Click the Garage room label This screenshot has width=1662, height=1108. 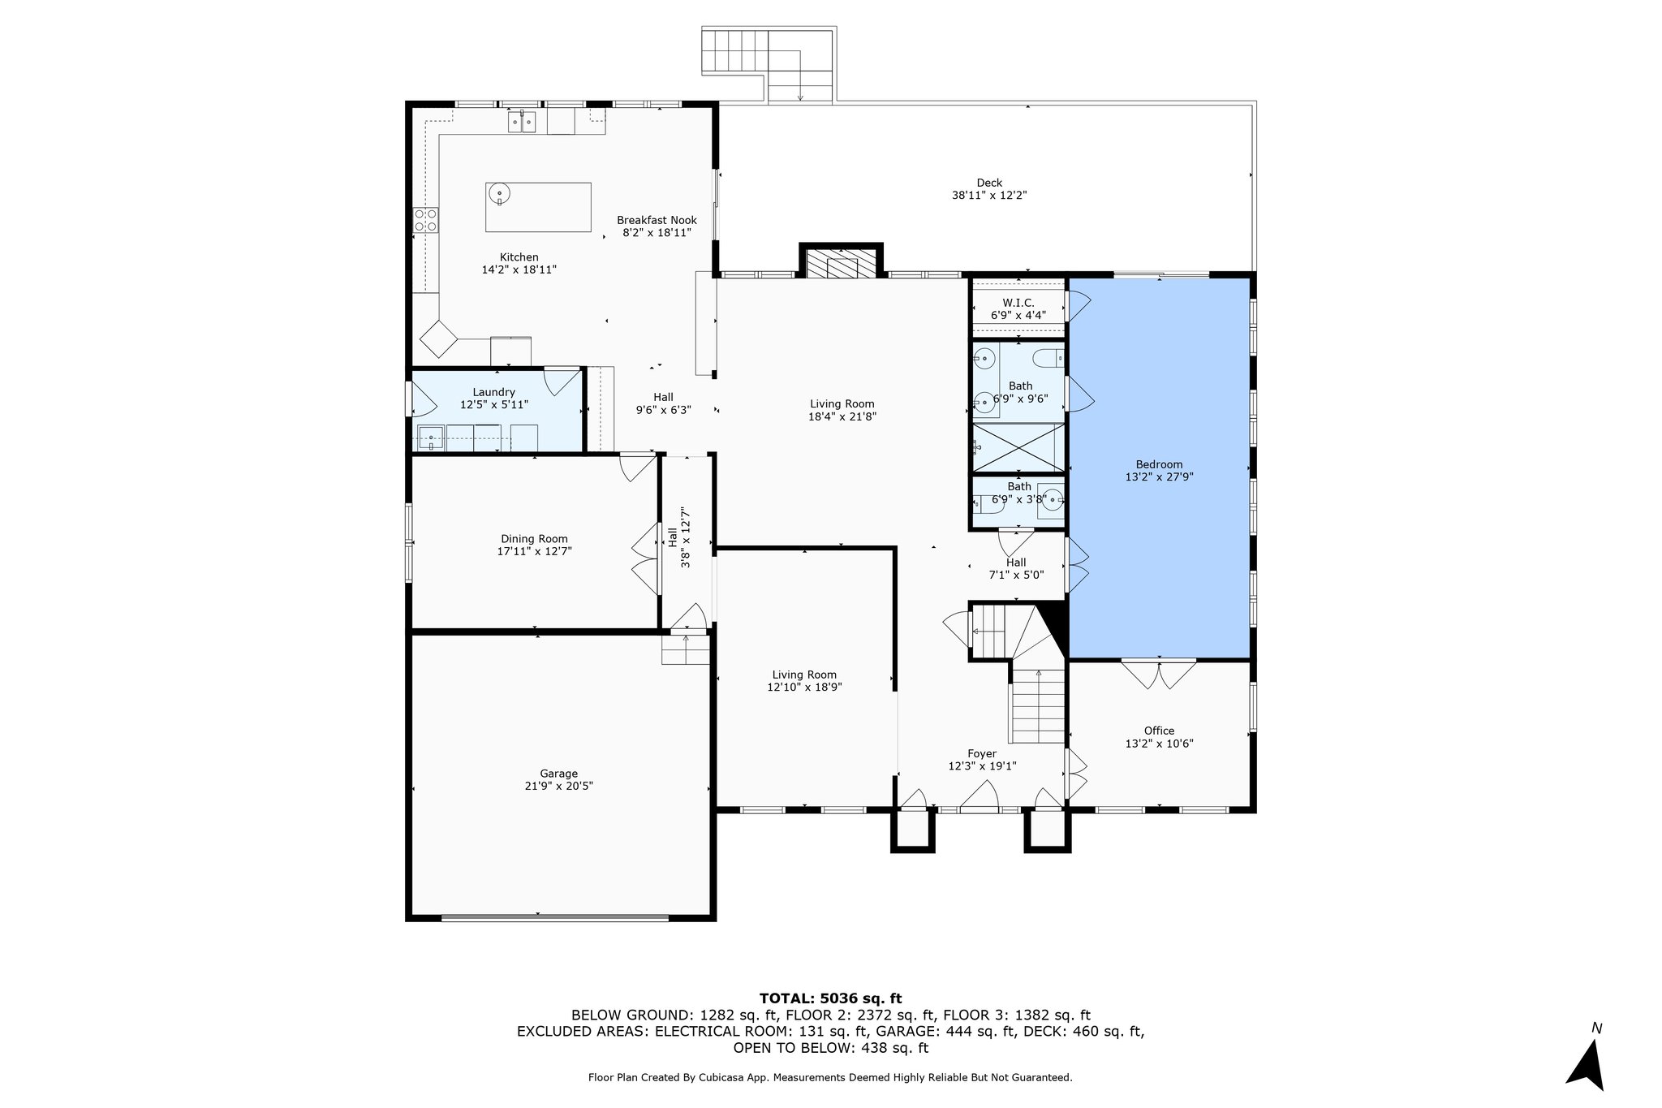click(559, 774)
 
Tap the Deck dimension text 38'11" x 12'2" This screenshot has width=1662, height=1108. click(989, 196)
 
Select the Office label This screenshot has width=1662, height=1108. click(1159, 731)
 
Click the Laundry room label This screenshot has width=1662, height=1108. click(493, 392)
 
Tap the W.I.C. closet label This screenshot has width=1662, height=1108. click(1018, 303)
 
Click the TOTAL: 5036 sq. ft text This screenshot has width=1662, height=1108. click(830, 998)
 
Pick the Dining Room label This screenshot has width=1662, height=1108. click(533, 539)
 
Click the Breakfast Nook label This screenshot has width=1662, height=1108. click(657, 220)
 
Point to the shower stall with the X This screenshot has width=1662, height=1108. click(1018, 447)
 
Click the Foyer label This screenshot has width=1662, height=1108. click(982, 754)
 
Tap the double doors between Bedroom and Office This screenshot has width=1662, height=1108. click(1159, 674)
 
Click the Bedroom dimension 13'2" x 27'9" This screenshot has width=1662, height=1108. click(1159, 477)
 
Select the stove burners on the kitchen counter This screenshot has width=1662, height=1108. click(426, 219)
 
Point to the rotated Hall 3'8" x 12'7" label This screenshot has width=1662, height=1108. click(678, 537)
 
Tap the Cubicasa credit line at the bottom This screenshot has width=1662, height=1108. click(830, 1078)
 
